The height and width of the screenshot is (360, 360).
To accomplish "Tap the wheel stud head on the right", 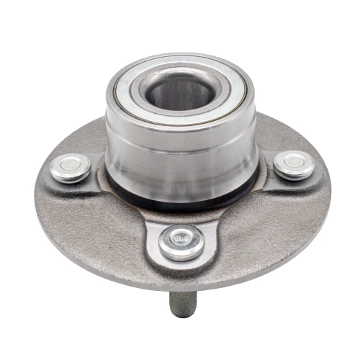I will coord(294,164).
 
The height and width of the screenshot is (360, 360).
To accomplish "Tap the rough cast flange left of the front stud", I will coord(101,230).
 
